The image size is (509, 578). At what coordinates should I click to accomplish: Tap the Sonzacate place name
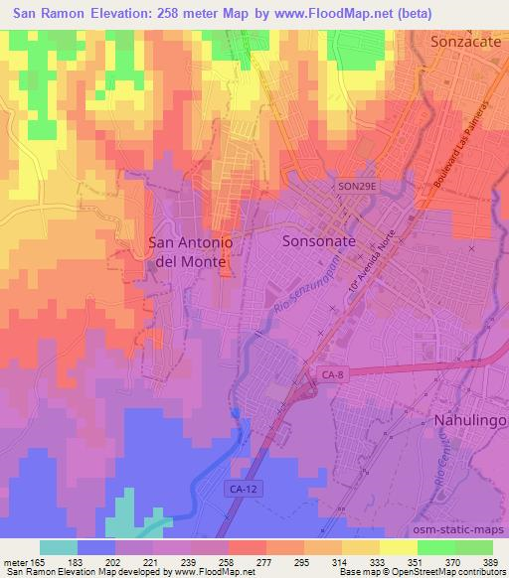click(467, 43)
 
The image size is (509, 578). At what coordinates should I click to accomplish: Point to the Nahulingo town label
click(469, 421)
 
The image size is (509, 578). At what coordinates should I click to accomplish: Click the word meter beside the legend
click(13, 562)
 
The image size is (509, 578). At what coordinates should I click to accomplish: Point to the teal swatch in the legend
click(60, 547)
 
